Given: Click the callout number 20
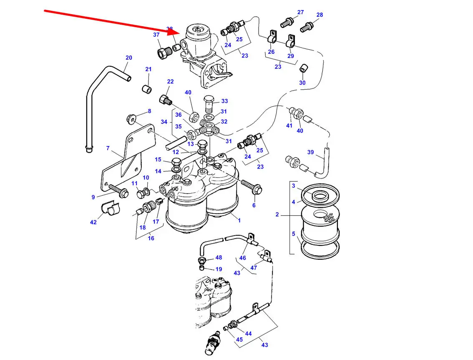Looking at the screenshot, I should click(x=129, y=58).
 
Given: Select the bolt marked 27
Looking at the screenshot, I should click(x=286, y=22).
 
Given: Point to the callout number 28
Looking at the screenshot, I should click(x=320, y=15).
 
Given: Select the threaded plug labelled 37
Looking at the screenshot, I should click(x=162, y=53).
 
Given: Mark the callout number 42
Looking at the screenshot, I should click(x=93, y=222).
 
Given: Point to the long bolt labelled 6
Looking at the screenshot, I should click(x=250, y=187).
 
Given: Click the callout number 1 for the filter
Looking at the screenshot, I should click(x=239, y=220).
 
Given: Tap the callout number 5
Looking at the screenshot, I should click(x=293, y=234).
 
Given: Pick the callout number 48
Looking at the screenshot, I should click(x=219, y=258).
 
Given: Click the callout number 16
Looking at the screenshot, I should click(x=151, y=238).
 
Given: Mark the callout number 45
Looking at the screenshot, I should click(x=239, y=340).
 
